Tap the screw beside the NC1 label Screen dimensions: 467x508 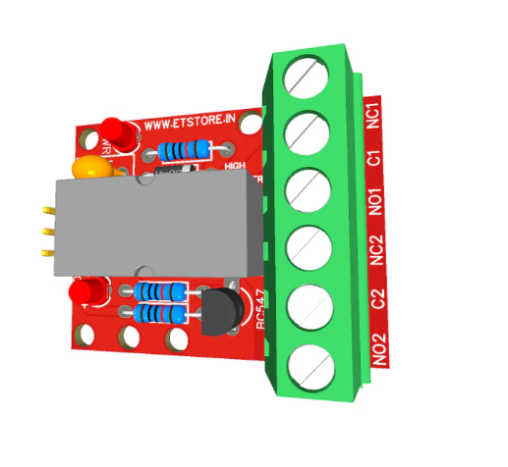coord(306,77)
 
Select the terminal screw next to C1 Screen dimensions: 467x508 coord(306,130)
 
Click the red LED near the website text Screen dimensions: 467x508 coord(115,133)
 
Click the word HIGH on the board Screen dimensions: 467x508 coord(235,166)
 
